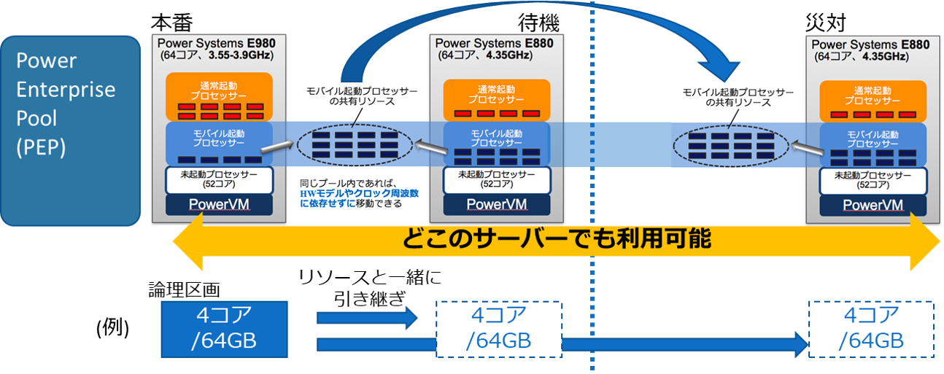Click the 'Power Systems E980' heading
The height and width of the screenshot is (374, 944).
[x=217, y=42]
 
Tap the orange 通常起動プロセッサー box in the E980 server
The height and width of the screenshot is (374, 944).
[x=220, y=96]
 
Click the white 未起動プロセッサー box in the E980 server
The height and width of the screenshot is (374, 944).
[x=220, y=179]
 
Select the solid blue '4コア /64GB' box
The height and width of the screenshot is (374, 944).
[x=223, y=329]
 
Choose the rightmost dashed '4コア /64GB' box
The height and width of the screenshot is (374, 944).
[x=872, y=329]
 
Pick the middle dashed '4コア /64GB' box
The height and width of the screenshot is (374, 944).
[x=499, y=329]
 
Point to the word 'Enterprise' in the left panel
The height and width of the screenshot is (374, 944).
[x=66, y=90]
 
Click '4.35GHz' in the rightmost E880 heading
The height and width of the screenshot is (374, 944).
[x=883, y=56]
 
